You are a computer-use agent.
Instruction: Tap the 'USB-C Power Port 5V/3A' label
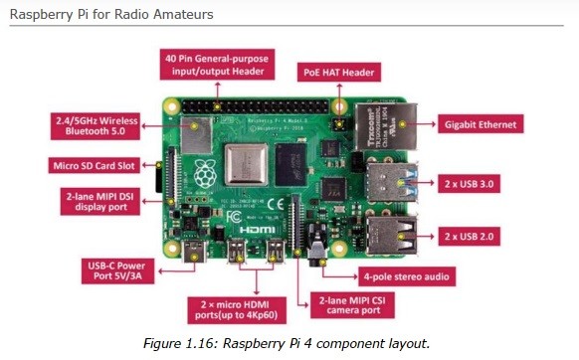pyautogui.click(x=117, y=270)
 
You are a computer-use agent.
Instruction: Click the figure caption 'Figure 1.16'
pyautogui.click(x=289, y=342)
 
